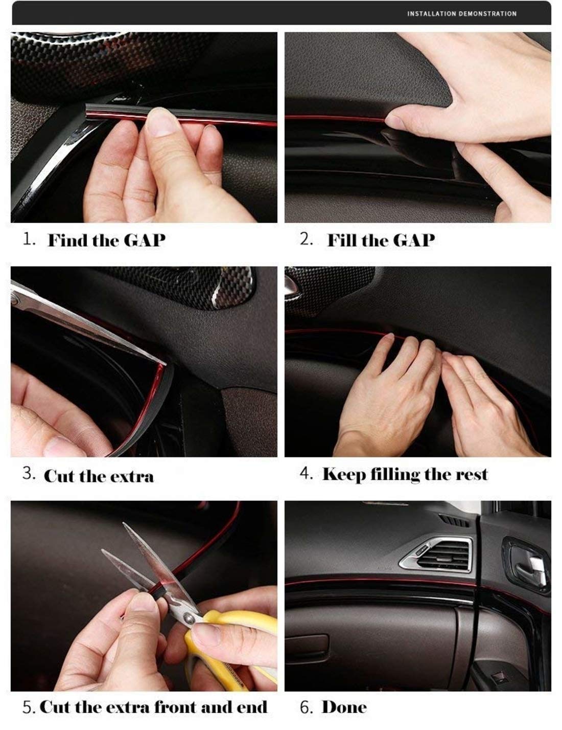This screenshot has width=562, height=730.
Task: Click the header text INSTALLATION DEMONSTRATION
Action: coord(461,14)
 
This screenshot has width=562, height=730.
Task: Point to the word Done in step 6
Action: coord(344,707)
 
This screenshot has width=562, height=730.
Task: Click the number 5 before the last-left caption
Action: coord(29,708)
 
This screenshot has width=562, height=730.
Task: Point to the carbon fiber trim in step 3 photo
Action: coord(204,286)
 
